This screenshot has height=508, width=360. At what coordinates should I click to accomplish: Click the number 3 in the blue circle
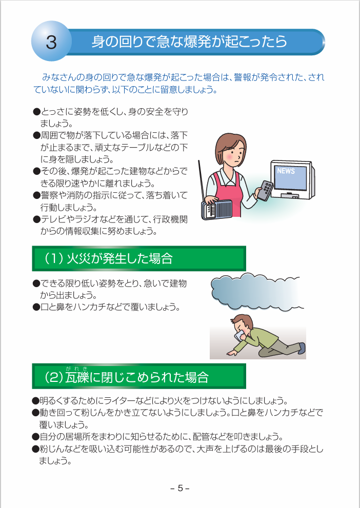[x=51, y=42]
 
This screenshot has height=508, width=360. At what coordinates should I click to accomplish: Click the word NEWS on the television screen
[x=286, y=171]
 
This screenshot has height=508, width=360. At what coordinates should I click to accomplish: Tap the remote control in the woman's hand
[x=266, y=191]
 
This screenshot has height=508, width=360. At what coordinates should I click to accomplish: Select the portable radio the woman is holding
[x=217, y=209]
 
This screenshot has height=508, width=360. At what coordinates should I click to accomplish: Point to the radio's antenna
[x=202, y=180]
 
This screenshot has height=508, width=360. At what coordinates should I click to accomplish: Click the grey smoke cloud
[x=256, y=291]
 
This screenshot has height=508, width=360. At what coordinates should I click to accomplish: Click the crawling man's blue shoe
[x=302, y=348]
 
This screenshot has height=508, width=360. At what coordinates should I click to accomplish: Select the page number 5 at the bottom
[x=180, y=488]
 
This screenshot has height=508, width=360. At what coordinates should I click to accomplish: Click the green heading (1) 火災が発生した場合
[x=138, y=258]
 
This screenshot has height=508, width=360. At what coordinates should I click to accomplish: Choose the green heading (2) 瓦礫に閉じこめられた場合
[x=138, y=376]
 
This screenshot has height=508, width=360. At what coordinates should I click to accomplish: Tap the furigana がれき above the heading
[x=76, y=369]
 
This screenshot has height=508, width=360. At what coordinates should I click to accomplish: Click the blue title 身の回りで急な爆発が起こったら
[x=189, y=42]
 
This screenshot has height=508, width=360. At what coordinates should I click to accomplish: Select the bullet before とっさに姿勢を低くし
[x=36, y=112]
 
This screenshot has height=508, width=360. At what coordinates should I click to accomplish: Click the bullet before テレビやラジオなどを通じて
[x=36, y=220]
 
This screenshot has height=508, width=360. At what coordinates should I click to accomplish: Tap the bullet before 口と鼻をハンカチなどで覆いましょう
[x=36, y=307]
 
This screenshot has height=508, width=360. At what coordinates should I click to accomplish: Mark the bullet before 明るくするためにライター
[x=35, y=401]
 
